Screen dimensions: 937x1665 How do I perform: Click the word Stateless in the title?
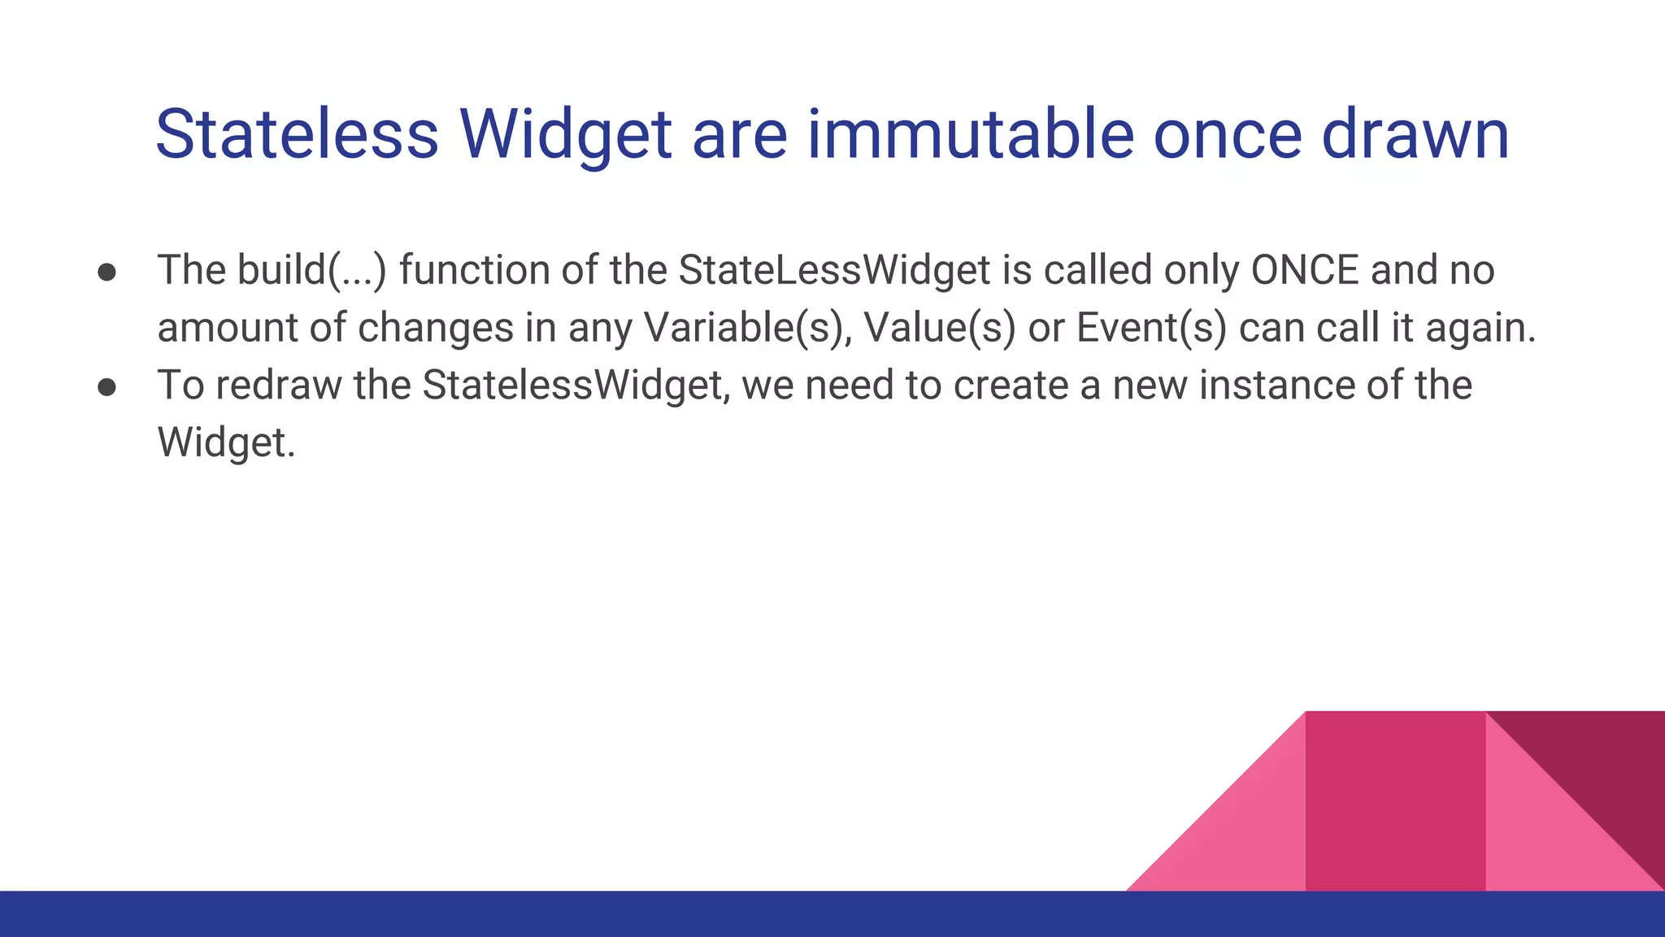click(x=297, y=134)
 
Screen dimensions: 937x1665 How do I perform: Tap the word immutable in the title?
click(x=971, y=134)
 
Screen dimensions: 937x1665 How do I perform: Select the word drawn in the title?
click(x=1415, y=134)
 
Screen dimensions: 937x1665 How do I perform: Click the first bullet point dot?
click(x=107, y=272)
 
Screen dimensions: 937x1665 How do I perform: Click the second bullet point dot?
click(x=107, y=387)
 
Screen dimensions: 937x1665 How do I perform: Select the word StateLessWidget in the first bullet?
click(x=834, y=270)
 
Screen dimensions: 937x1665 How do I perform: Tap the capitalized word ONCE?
click(x=1304, y=270)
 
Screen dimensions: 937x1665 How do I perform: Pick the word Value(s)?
click(x=940, y=328)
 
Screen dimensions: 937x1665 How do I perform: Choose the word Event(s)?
click(x=1151, y=328)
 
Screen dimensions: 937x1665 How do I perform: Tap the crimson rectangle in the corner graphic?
click(x=1395, y=801)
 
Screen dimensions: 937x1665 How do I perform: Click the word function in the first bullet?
click(x=475, y=270)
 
